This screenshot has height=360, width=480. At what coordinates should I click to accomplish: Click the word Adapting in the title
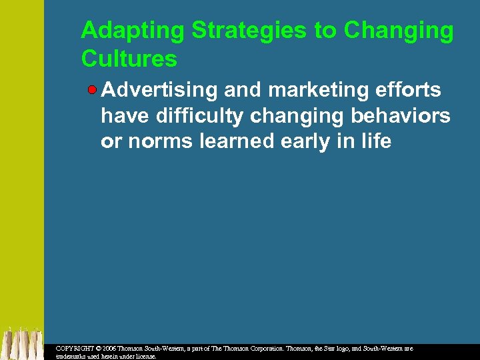133,31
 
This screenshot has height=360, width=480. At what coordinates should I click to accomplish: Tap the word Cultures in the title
129,59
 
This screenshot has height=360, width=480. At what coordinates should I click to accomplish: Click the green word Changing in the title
399,31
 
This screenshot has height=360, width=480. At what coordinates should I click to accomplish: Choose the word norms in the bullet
161,142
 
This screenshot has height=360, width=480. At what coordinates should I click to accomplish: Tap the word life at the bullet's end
375,142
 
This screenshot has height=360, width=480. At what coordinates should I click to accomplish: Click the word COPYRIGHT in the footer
74,349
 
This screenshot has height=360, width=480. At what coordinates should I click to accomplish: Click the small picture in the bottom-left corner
21,343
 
